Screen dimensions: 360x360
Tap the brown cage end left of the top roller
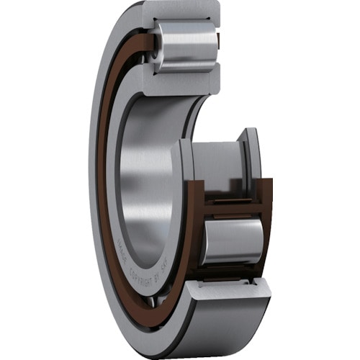pyautogui.click(x=148, y=45)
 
